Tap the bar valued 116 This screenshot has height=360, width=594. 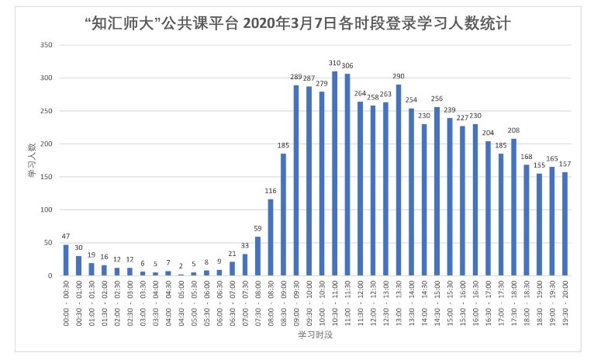(271, 237)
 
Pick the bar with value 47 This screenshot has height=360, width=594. (66, 260)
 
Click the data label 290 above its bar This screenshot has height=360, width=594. (398, 76)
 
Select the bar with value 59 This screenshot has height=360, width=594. (257, 256)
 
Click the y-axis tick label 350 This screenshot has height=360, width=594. (46, 45)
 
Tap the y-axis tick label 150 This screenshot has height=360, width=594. (46, 177)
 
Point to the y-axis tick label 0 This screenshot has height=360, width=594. (50, 275)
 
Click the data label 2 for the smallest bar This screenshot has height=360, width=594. (181, 265)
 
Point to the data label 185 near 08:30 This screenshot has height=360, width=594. (282, 145)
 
